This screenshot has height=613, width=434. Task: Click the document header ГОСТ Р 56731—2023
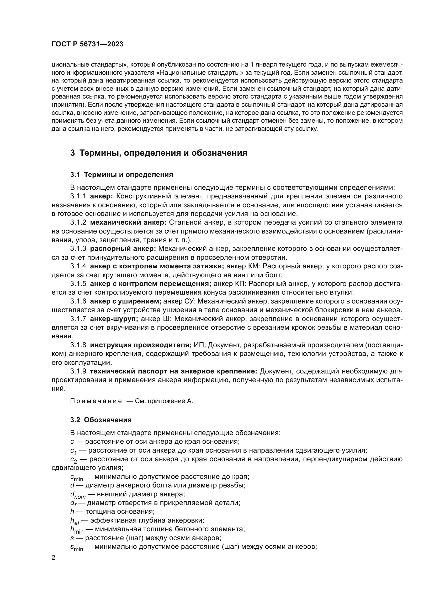click(87, 44)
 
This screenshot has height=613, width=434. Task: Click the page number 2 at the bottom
click(53, 558)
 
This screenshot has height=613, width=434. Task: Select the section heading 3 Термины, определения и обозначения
click(158, 153)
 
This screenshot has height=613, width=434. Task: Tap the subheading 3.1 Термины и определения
click(121, 175)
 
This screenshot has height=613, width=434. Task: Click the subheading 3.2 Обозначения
click(101, 420)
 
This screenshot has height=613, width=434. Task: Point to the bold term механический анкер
click(128, 223)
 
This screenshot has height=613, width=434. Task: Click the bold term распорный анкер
click(123, 249)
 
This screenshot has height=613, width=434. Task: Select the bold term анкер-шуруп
click(114, 319)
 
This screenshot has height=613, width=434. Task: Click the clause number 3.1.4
click(78, 267)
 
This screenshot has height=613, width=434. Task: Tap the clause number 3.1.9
click(78, 371)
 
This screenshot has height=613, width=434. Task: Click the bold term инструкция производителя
click(141, 345)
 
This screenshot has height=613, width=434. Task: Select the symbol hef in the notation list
click(75, 520)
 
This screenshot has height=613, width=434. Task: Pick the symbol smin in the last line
click(77, 547)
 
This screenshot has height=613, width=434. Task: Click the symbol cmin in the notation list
click(77, 477)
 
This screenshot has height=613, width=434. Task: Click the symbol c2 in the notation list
click(73, 459)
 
